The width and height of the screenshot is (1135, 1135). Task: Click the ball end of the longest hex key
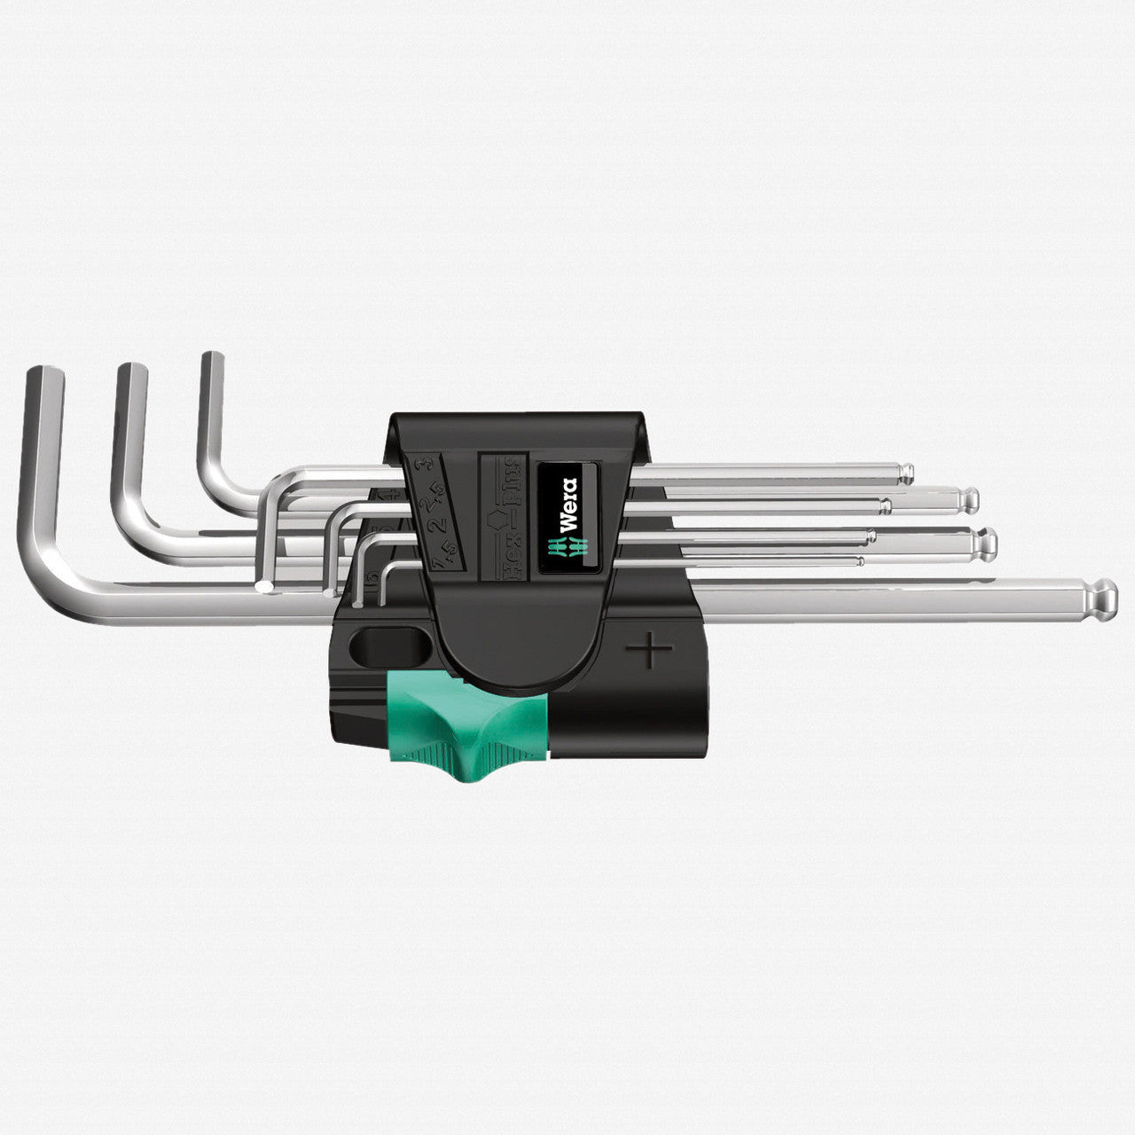pos(1104,596)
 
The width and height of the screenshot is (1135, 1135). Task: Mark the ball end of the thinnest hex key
pos(858,561)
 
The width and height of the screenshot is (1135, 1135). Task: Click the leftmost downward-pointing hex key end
pos(263,586)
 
